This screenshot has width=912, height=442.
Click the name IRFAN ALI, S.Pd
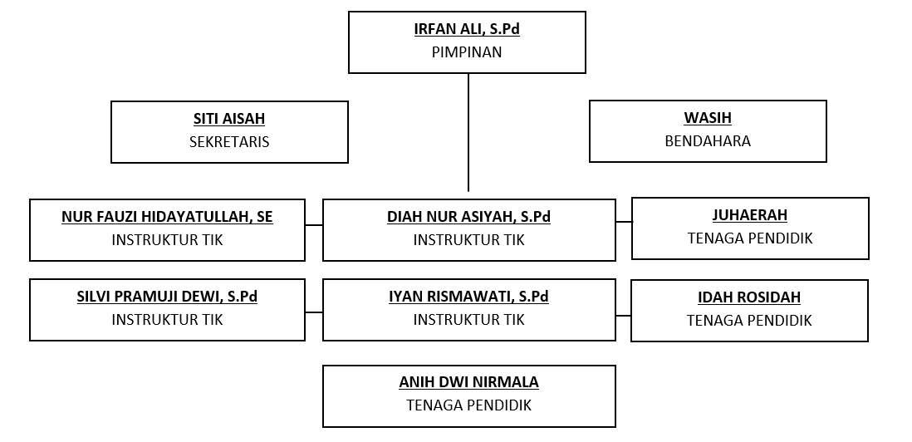[x=467, y=29]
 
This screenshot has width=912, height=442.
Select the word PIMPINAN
[x=467, y=52]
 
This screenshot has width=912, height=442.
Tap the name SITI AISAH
[x=229, y=119]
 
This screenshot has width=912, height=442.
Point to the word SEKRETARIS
[x=229, y=142]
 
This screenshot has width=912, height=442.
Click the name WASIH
[x=708, y=118]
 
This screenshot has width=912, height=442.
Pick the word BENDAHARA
[x=708, y=141]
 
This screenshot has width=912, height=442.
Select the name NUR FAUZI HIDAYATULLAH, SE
[x=167, y=217]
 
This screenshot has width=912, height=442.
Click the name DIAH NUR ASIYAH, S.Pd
[x=468, y=217]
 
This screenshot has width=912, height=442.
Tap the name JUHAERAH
[x=750, y=215]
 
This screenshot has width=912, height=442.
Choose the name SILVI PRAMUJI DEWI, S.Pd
[x=167, y=297]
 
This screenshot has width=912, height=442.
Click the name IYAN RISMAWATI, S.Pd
[x=468, y=297]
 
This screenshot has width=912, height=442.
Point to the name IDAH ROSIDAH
[x=749, y=297]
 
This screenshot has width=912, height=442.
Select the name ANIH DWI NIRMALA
[x=468, y=382]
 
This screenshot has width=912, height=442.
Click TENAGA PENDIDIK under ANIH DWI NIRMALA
[x=468, y=405]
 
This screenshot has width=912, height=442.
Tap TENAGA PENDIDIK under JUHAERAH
[x=750, y=238]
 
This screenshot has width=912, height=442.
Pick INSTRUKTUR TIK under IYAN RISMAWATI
[x=468, y=320]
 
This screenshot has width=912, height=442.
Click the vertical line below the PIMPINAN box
[x=468, y=132]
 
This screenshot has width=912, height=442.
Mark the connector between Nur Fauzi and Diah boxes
[x=313, y=224]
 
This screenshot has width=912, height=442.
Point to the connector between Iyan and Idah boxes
[x=623, y=316]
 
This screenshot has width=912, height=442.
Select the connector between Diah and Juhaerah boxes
[x=624, y=222]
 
